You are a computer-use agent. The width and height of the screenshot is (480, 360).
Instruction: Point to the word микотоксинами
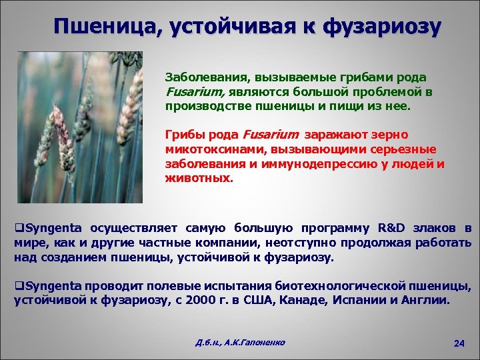click(x=209, y=149)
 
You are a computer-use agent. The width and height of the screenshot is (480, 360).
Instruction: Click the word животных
click(x=199, y=179)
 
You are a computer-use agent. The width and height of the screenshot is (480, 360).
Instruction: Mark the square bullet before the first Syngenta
click(x=18, y=228)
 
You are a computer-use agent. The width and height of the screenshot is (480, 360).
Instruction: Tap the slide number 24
click(x=458, y=343)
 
